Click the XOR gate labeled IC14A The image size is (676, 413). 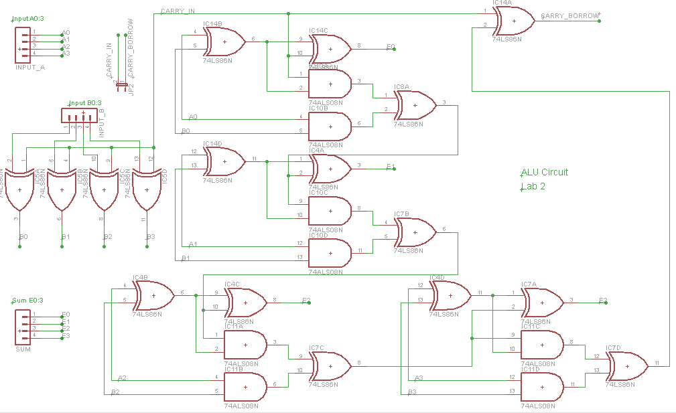pyautogui.click(x=513, y=21)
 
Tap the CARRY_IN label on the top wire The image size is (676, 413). pyautogui.click(x=178, y=11)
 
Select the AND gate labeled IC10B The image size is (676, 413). pyautogui.click(x=330, y=125)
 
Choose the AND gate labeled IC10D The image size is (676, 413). pyautogui.click(x=330, y=253)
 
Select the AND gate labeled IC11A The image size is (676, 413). pyautogui.click(x=245, y=345)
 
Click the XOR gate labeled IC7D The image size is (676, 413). pyautogui.click(x=627, y=365)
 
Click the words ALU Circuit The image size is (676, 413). pyautogui.click(x=544, y=172)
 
